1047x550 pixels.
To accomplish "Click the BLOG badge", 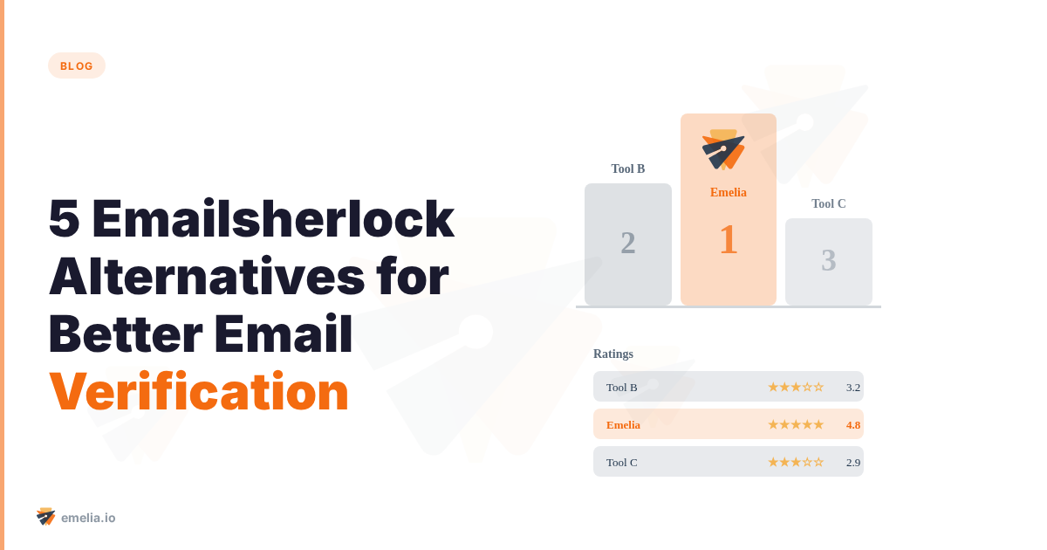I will pos(77,65).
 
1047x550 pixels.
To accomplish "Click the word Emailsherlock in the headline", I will pos(272,219).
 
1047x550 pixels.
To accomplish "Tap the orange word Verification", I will pos(199,392).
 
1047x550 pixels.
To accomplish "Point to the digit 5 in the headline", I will pos(64,219).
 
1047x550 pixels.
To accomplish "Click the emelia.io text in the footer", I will pos(88,518).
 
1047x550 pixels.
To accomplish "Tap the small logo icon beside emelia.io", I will pos(46,517).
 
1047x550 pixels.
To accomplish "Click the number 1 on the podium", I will pos(729,239).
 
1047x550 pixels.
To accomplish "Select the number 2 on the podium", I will pos(628,243).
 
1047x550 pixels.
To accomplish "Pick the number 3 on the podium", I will pos(829,260).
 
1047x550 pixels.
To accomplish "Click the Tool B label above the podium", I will pos(628,168).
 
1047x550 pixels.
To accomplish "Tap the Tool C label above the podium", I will pos(829,203).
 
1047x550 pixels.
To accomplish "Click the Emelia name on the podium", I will pos(729,192).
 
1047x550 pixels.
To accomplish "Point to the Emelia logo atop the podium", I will pos(724,149).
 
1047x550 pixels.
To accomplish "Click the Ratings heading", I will pos(613,354).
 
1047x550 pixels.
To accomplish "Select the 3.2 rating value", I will pos(853,387).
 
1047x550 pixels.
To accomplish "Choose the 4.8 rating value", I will pos(853,424).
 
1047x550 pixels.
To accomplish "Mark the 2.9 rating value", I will pos(853,462).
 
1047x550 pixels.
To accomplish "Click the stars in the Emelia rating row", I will pos(795,424).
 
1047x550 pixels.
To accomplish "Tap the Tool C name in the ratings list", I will pos(622,462).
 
